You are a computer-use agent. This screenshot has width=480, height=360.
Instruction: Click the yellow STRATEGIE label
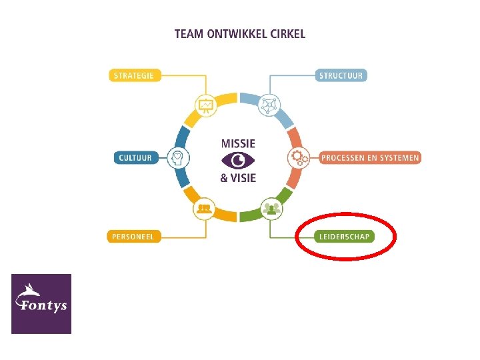point(133,75)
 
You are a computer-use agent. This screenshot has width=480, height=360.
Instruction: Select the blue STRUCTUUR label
point(341,75)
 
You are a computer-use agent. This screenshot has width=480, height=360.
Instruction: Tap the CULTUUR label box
point(135,158)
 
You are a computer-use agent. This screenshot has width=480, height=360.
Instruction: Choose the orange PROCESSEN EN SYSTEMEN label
point(370,158)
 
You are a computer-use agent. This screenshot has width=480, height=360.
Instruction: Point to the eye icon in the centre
point(237,160)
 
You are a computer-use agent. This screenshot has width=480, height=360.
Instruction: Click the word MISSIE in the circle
point(238,143)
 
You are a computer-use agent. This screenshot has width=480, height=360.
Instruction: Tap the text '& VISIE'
point(238,178)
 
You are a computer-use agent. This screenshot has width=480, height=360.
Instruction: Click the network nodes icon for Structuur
point(270,105)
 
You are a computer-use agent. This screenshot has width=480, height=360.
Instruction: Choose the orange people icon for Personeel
point(204,209)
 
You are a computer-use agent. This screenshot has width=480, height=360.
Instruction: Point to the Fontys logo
point(41,303)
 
